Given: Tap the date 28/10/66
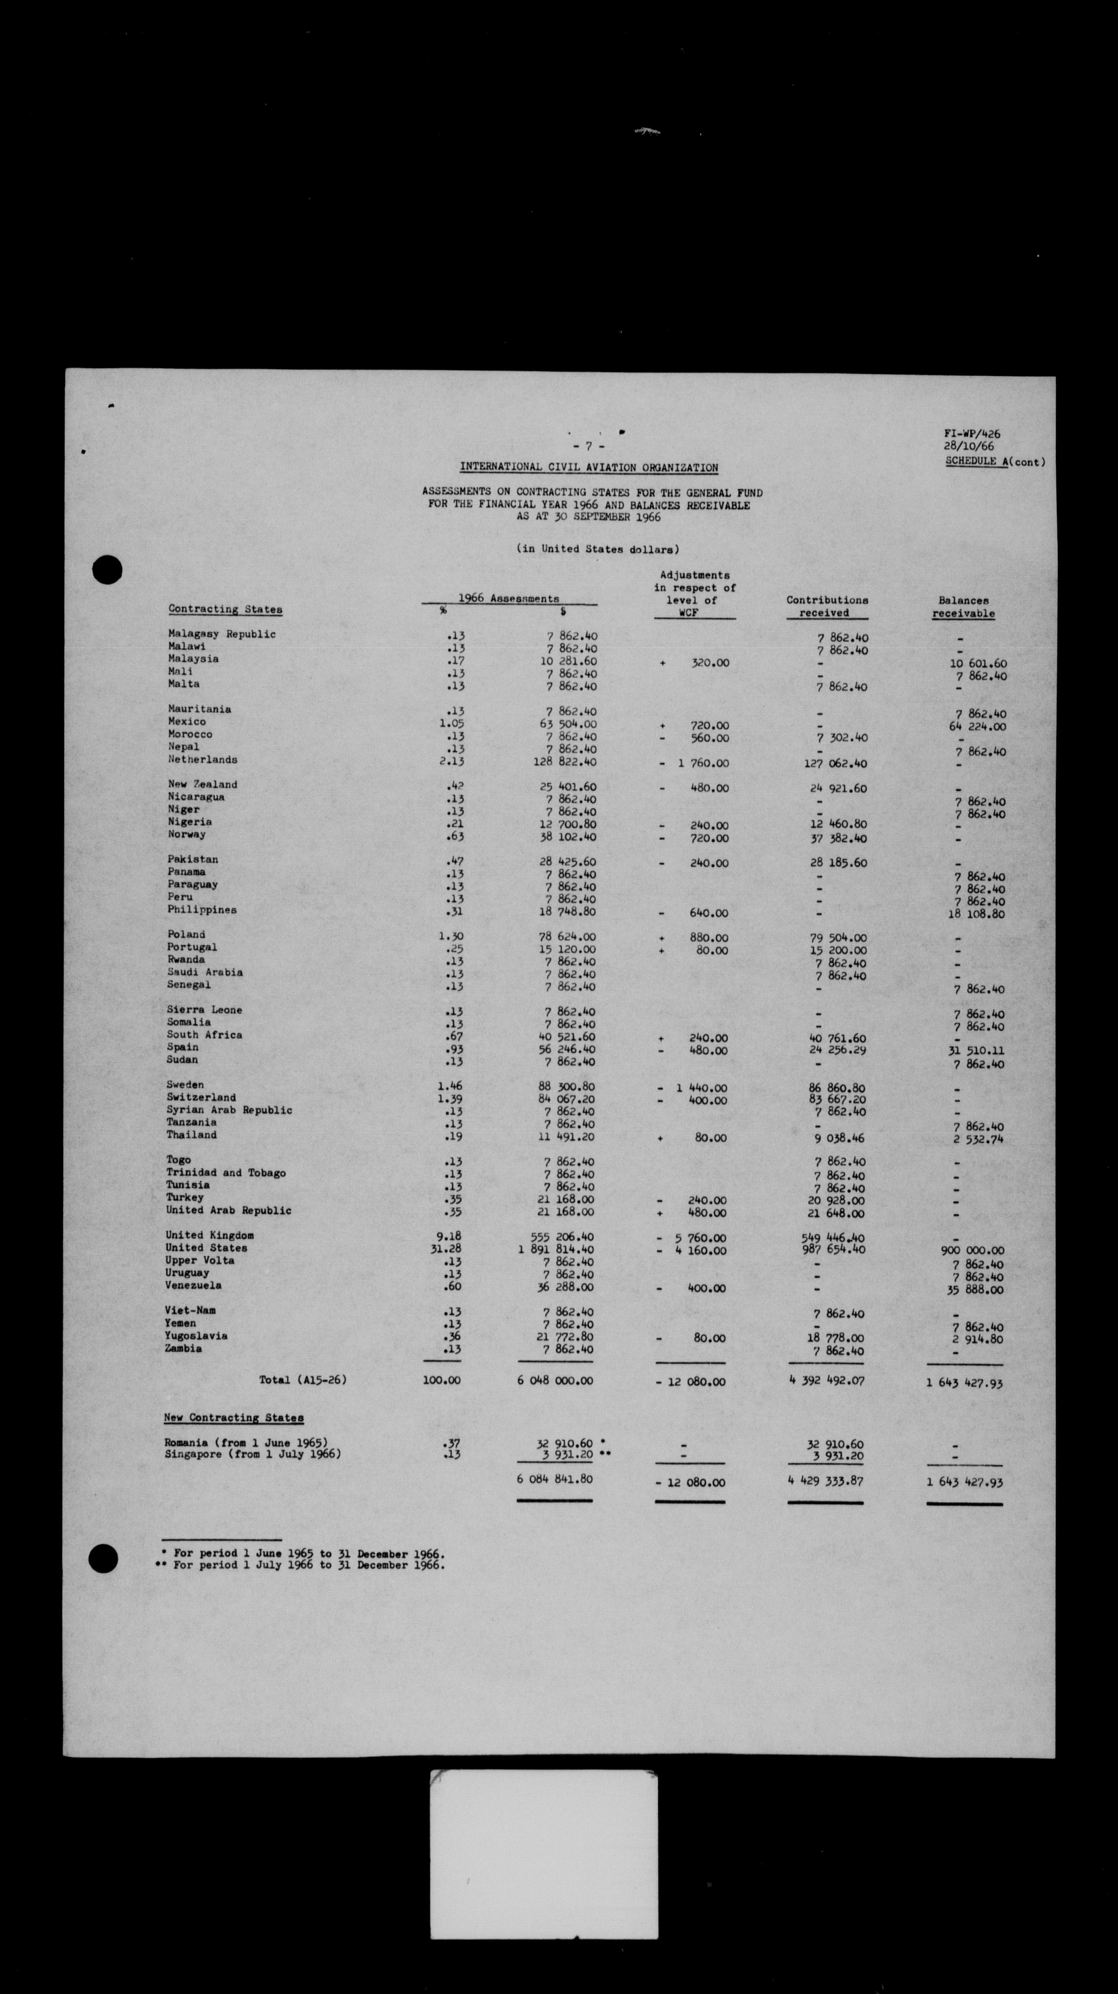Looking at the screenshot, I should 968,447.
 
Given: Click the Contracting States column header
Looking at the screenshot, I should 225,610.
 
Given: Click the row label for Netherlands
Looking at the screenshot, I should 203,760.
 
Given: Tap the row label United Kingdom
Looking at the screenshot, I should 209,1235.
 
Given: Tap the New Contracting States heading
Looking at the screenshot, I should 233,1418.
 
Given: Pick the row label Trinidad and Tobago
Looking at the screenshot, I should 226,1173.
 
